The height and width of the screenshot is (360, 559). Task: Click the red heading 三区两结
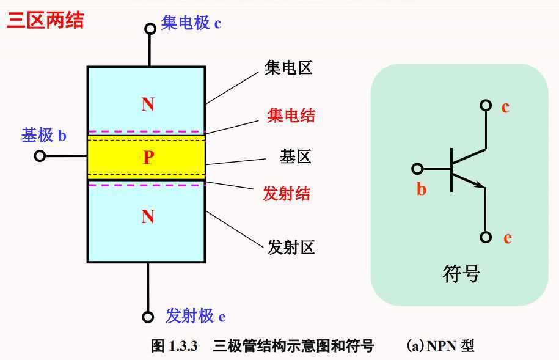pos(45,20)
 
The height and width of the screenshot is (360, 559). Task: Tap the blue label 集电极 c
pos(191,24)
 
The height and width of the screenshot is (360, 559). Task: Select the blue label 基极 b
pos(44,135)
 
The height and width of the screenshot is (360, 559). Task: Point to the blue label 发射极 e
pos(195,316)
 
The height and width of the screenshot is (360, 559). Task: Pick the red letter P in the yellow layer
pos(148,158)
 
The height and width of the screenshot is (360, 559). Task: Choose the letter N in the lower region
pos(148,217)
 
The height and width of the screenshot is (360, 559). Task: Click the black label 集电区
pos(288,67)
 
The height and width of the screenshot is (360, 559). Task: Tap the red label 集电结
pos(291,114)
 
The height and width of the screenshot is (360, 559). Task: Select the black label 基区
pos(296,157)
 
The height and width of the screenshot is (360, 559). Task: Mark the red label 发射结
pos(287,194)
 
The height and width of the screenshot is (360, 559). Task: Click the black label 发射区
pos(291,247)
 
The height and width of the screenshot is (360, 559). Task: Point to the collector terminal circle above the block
pos(149,28)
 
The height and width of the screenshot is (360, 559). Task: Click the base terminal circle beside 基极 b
pos(40,156)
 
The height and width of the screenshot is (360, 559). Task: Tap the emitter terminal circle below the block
pos(148,317)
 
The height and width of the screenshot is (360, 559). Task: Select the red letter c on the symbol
pos(505,108)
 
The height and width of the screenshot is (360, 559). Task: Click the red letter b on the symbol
pos(422,189)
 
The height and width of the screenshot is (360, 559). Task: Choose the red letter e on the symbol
pos(507,238)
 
